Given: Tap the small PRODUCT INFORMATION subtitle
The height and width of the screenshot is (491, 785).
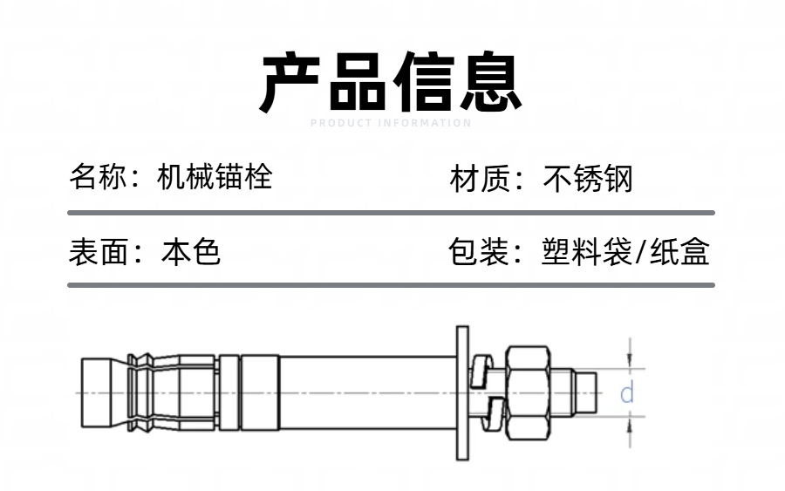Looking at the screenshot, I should click(x=391, y=123).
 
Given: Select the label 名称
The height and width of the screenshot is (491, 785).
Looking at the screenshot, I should click(x=93, y=177).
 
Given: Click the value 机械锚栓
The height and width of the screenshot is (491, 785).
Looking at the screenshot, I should click(x=215, y=177).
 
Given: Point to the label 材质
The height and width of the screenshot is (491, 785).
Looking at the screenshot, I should click(x=474, y=180).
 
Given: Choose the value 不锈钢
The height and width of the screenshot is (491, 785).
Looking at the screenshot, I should click(x=588, y=180).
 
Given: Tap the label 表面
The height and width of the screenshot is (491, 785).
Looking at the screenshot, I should click(x=93, y=252).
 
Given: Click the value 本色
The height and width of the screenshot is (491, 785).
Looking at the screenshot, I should click(x=191, y=252).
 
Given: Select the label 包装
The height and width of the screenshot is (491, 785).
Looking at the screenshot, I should click(x=474, y=252).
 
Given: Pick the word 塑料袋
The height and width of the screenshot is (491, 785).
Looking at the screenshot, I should click(x=584, y=252).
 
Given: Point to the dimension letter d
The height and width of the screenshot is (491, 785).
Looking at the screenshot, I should click(x=626, y=393).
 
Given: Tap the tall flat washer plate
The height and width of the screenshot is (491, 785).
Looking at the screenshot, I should click(x=461, y=392).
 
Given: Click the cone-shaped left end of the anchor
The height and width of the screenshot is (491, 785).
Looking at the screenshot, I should click(x=103, y=392).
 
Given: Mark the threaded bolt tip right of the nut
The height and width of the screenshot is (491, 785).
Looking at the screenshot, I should click(x=586, y=393).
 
